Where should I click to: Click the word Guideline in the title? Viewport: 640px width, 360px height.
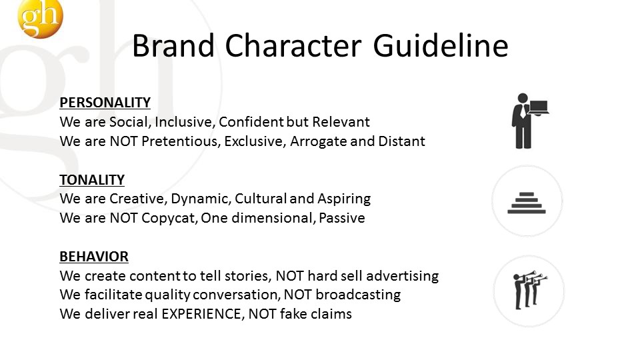[441, 46]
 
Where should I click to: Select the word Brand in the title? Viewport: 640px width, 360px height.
[173, 46]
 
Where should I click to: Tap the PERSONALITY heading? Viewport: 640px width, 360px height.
[105, 103]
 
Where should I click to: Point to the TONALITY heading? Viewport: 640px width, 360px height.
[92, 179]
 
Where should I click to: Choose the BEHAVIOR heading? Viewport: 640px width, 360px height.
[94, 256]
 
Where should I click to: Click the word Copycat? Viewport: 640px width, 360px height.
[169, 218]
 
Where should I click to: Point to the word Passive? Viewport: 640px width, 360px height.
[341, 218]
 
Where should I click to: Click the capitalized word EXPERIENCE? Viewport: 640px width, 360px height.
[201, 314]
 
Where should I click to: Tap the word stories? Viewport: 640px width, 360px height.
[247, 276]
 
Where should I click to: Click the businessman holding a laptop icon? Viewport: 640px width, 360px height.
[529, 121]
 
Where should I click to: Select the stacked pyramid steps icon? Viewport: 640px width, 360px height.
[527, 203]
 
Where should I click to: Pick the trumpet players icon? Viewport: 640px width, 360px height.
[529, 290]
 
